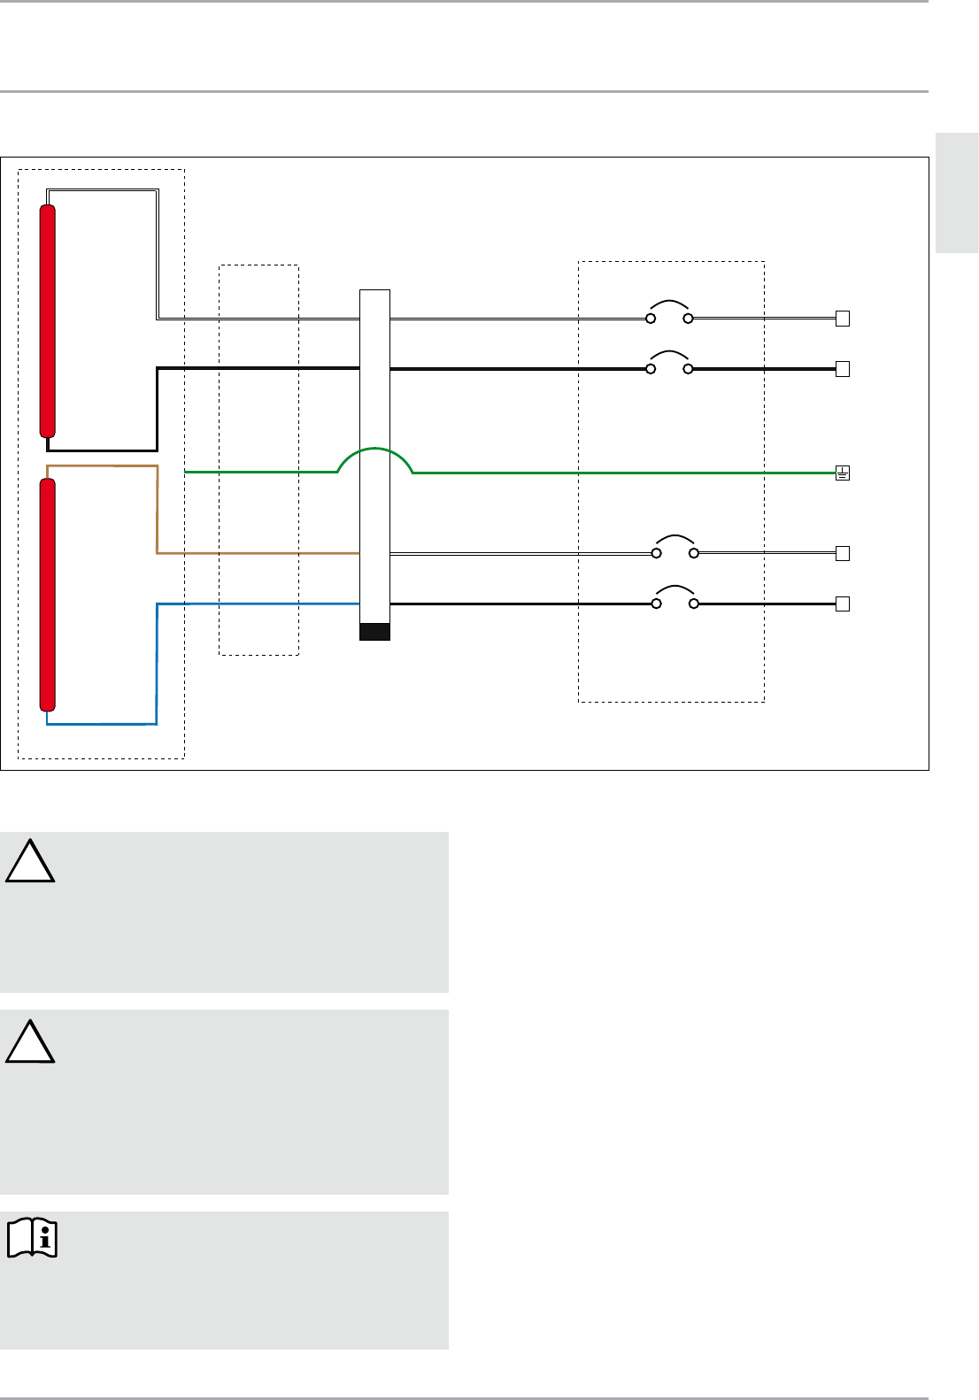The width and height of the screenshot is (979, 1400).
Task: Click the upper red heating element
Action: click(x=48, y=320)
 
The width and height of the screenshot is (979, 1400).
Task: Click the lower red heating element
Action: click(x=48, y=593)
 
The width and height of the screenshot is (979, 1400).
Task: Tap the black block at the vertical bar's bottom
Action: click(x=374, y=631)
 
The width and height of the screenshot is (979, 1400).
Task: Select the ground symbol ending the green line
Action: click(x=843, y=473)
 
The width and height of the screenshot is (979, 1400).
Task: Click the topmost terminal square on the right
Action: click(x=843, y=319)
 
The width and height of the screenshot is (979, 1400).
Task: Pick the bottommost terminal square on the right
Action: click(x=843, y=604)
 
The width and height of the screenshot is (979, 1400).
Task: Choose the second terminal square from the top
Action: click(x=843, y=369)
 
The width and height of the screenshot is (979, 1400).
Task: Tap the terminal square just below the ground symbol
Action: click(x=843, y=554)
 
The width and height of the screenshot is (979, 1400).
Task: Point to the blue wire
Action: click(x=157, y=664)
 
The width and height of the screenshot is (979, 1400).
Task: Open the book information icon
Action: click(x=33, y=1238)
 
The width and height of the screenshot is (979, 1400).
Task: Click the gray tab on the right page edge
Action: click(x=957, y=193)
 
